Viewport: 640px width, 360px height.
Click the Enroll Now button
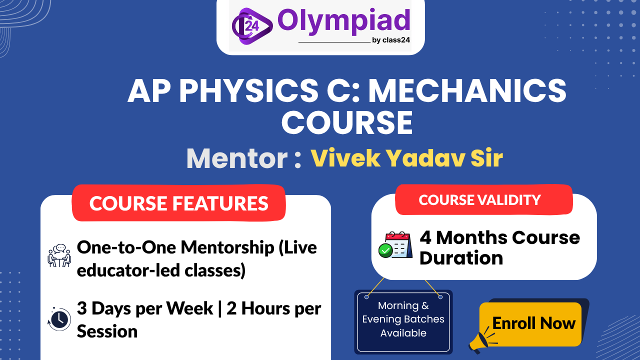pyautogui.click(x=533, y=323)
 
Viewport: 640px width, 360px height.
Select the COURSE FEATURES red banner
pyautogui.click(x=178, y=203)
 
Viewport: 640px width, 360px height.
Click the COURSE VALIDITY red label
pyautogui.click(x=480, y=200)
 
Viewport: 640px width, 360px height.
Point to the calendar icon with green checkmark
pyautogui.click(x=395, y=245)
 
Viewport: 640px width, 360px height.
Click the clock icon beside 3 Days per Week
pyautogui.click(x=59, y=318)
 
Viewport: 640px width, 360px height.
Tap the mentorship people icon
pyautogui.click(x=59, y=255)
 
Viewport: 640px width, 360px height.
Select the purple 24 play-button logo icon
pyautogui.click(x=251, y=25)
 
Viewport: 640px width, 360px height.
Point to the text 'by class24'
pyautogui.click(x=391, y=40)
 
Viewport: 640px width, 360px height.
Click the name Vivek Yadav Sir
pyautogui.click(x=406, y=158)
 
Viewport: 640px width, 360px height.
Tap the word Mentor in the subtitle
pyautogui.click(x=236, y=159)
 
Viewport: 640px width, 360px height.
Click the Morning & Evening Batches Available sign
pyautogui.click(x=403, y=319)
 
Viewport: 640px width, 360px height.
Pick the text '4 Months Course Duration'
pyautogui.click(x=499, y=247)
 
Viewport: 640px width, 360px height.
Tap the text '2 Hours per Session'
pyautogui.click(x=273, y=309)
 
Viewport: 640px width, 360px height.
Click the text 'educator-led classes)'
pyautogui.click(x=161, y=270)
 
